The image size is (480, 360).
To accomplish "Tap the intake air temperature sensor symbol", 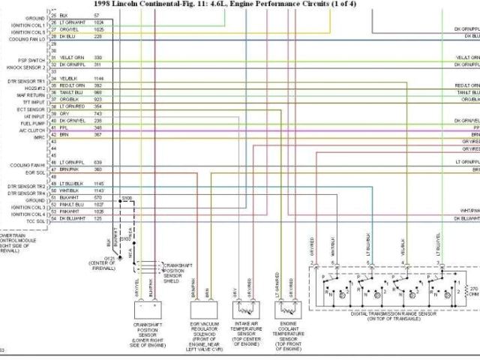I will click(x=243, y=308).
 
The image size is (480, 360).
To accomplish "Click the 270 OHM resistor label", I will click(x=472, y=290).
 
